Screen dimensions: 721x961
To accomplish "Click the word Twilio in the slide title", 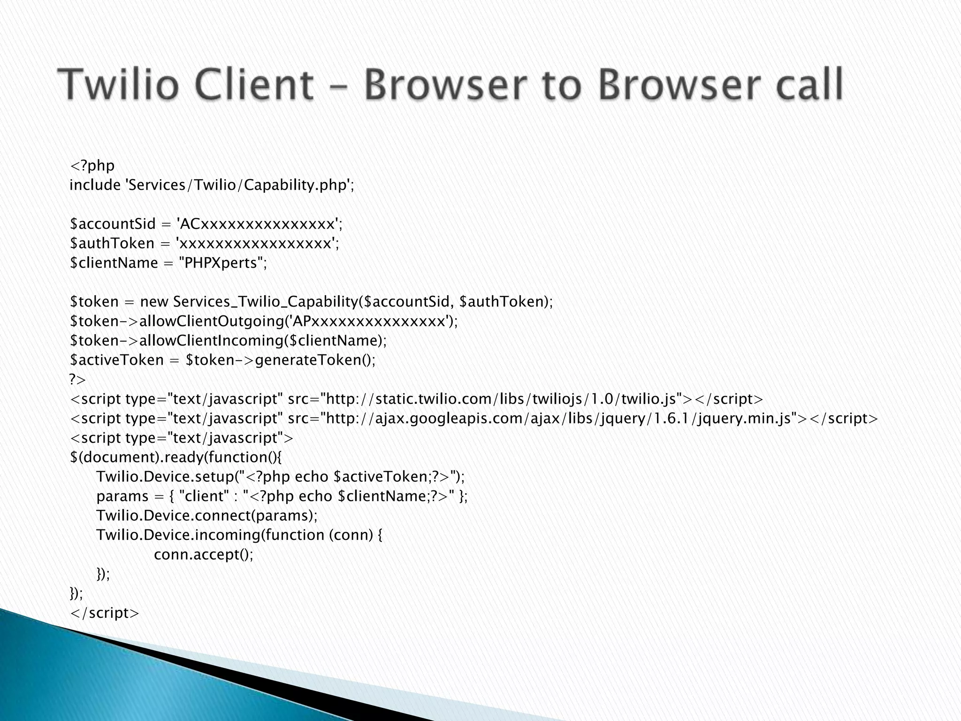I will click(119, 84).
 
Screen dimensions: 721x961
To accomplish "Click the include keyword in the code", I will click(95, 185).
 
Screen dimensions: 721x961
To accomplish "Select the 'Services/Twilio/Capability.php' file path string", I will click(237, 185).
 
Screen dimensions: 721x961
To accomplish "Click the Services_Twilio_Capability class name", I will click(265, 301).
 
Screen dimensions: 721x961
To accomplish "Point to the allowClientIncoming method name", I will click(211, 340).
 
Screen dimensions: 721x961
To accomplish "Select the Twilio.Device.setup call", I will click(164, 477).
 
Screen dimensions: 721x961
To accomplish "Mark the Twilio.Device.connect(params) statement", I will click(207, 515).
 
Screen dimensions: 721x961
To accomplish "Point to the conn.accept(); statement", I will click(203, 554).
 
